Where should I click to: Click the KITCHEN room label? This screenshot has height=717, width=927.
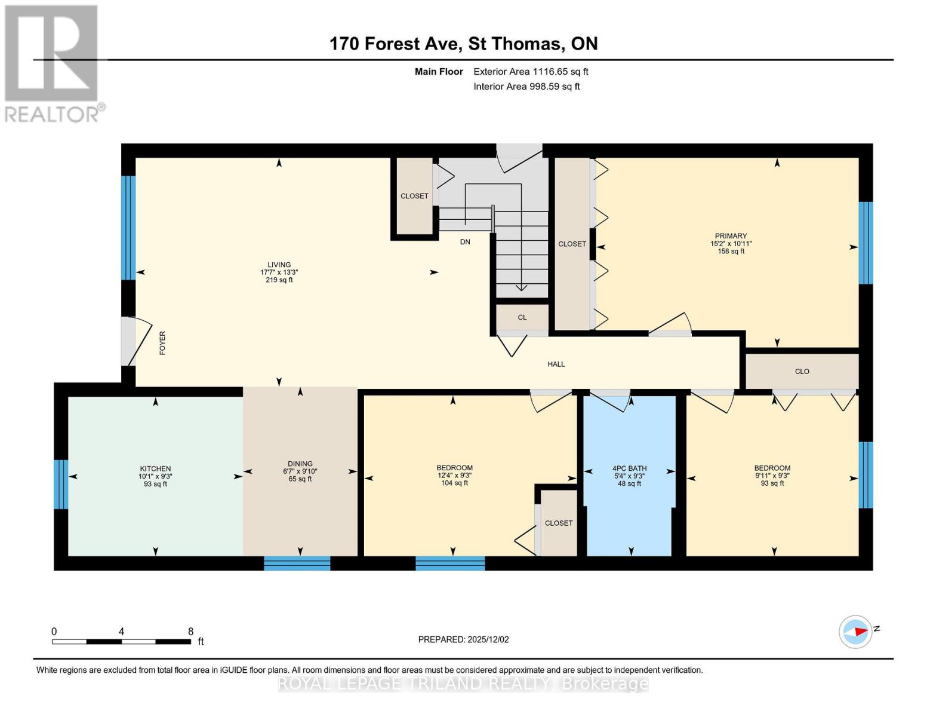pos(155,468)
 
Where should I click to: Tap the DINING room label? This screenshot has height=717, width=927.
pos(300,463)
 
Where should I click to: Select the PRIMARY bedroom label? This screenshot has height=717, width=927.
pos(731,236)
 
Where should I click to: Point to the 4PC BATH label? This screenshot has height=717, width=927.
pos(629,468)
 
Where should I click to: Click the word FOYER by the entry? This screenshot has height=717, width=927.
pos(162,343)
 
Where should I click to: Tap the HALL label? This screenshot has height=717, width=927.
pos(556,364)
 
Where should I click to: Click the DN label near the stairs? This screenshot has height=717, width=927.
pos(465,242)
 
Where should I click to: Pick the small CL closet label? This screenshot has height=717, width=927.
pos(522,317)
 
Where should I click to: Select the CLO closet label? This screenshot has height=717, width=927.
pos(802,371)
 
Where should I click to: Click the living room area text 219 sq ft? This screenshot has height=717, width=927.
pos(279,280)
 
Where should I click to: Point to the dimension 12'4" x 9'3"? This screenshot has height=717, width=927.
pos(454,475)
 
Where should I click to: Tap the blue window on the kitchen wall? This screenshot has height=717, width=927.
pos(61,484)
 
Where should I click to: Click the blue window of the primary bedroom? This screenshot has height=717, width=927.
pos(866,243)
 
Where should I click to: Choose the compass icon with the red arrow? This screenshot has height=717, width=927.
pos(855,632)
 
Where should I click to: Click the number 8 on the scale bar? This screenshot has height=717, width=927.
pos(190,631)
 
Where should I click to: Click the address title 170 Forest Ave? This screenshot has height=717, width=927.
pos(396,44)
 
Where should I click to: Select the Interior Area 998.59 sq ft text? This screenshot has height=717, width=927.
pos(526,86)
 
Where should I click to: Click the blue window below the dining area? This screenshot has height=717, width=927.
pos(297,563)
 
